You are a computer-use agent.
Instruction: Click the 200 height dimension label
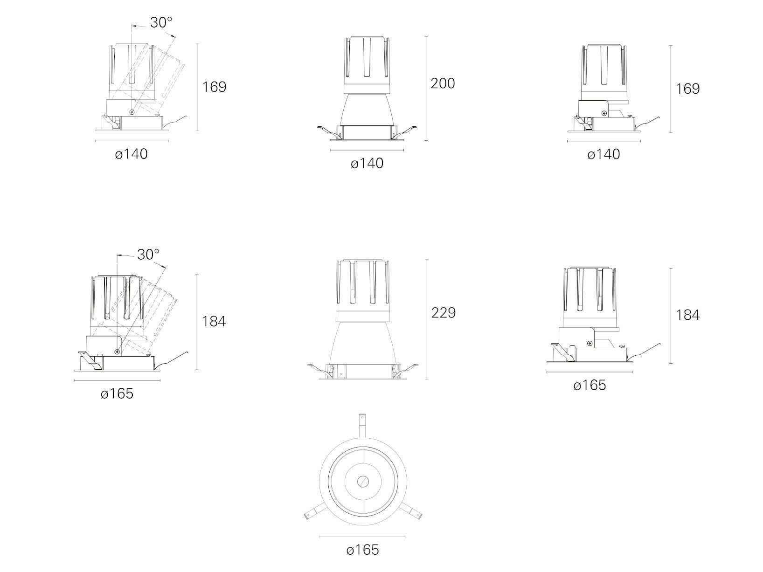point(443,84)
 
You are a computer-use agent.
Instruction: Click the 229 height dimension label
point(443,313)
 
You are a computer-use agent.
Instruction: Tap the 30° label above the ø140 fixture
point(161,22)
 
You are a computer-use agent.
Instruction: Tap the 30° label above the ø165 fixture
point(148,255)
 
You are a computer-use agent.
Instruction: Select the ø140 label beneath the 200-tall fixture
point(367,163)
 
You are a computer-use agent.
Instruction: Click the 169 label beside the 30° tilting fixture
point(214,87)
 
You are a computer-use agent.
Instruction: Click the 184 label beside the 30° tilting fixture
point(214,321)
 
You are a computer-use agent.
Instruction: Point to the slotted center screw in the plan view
point(362,481)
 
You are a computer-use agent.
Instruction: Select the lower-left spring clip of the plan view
point(315,513)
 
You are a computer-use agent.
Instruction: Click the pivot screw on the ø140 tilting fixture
point(132,112)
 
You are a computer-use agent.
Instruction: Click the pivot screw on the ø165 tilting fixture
point(118,352)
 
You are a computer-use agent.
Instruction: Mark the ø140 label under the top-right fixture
point(603,154)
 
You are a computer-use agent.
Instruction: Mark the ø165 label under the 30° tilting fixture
point(117,393)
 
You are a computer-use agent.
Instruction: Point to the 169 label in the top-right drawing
point(687,89)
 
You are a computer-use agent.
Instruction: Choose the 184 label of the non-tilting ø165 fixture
point(687,315)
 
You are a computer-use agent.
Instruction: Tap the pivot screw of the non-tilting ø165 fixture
point(590,344)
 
